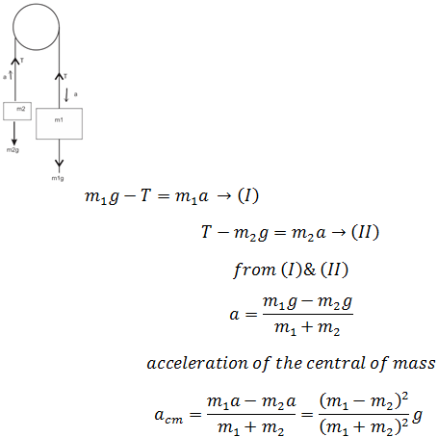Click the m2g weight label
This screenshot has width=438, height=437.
tap(13, 150)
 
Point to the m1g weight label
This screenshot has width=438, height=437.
tap(58, 178)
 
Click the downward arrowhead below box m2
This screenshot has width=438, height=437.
tap(14, 141)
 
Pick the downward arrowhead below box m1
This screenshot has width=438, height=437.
tap(59, 164)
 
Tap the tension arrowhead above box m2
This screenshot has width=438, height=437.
tap(15, 61)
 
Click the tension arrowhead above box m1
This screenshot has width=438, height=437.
tap(59, 76)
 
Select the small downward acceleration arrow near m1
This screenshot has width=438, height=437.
tap(66, 95)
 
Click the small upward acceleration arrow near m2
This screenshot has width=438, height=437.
tap(11, 75)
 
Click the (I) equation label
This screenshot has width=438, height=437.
tap(248, 195)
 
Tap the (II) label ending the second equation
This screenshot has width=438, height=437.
tap(365, 232)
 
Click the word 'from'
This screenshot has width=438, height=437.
tap(254, 270)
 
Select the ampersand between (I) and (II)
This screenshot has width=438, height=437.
tap(309, 270)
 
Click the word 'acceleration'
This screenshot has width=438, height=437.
tap(197, 363)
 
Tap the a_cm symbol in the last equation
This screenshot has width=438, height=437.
tap(168, 416)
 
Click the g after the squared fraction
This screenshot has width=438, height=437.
tap(417, 417)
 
